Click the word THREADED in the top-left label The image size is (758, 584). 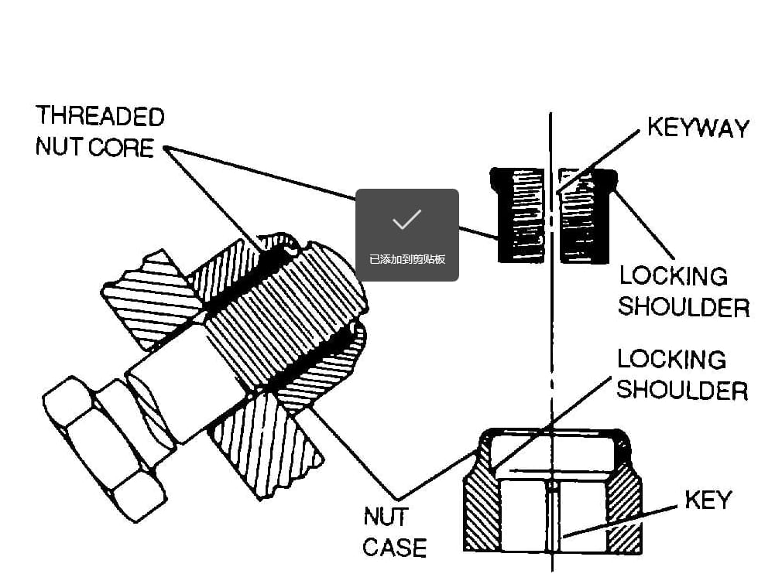(x=100, y=117)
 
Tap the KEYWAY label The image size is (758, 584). (x=698, y=128)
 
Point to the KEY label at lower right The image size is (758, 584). (x=708, y=500)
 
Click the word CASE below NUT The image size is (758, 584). (x=394, y=548)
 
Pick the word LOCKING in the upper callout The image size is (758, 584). (x=673, y=276)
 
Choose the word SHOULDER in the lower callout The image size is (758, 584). (x=682, y=390)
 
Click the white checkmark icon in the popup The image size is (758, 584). (x=406, y=220)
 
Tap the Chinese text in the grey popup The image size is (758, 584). (x=406, y=259)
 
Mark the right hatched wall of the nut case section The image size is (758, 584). (x=626, y=503)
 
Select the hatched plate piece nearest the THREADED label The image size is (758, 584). (x=147, y=298)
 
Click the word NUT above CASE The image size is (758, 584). (x=386, y=516)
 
